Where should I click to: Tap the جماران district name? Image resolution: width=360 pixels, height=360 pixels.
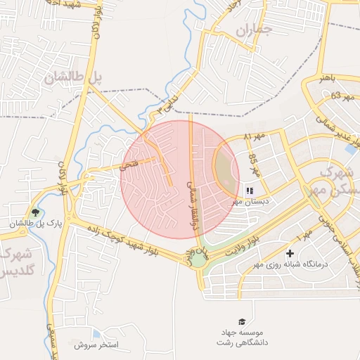pyautogui.click(x=253, y=30)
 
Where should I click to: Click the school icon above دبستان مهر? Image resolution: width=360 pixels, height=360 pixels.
pyautogui.click(x=250, y=190)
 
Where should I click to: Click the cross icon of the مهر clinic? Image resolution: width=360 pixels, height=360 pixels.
pyautogui.click(x=290, y=253)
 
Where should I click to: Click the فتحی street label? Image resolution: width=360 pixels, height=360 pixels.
pyautogui.click(x=130, y=165)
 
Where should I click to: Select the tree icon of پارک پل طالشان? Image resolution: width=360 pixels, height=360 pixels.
pyautogui.click(x=36, y=212)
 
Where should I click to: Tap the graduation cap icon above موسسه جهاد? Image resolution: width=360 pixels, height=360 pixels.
pyautogui.click(x=243, y=321)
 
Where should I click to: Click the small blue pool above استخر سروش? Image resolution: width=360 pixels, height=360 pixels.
pyautogui.click(x=96, y=334)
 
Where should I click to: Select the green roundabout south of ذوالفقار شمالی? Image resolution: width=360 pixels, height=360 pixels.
pyautogui.click(x=200, y=259)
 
